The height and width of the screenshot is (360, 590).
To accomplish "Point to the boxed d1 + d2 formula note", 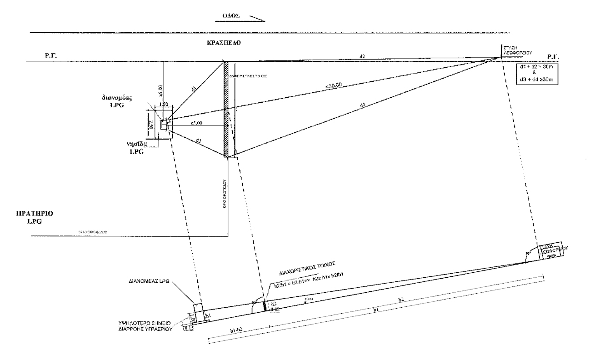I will pos(538,73).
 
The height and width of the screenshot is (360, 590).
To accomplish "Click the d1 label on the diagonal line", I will pos(195,89).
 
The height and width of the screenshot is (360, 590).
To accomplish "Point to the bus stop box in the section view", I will pos(550,251).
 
